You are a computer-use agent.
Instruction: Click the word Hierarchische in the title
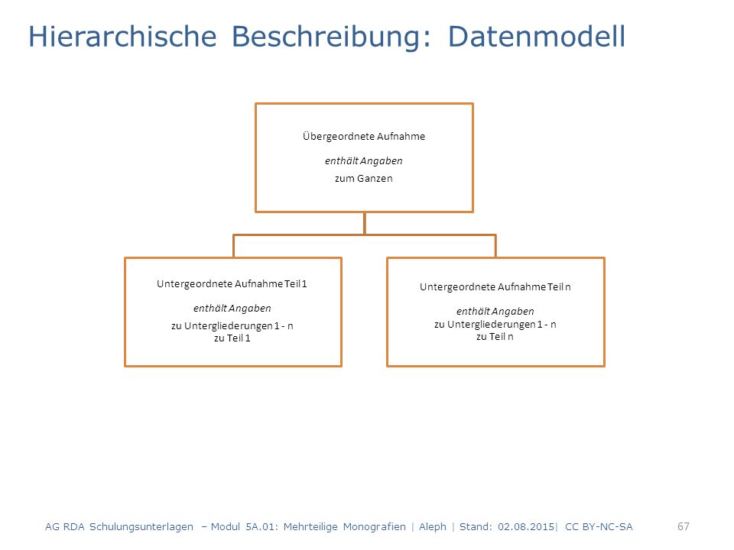click(x=122, y=37)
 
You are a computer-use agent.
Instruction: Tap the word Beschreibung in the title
click(x=331, y=37)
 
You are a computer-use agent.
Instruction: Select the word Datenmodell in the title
click(x=537, y=37)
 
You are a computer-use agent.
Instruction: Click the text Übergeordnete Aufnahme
click(x=364, y=136)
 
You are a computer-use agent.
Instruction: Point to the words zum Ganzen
click(x=364, y=178)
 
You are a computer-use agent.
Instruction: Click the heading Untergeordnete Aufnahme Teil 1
click(x=232, y=284)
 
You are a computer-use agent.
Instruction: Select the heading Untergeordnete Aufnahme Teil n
click(x=495, y=286)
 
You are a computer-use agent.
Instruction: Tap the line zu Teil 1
click(x=232, y=338)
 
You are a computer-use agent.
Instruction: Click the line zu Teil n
click(x=495, y=337)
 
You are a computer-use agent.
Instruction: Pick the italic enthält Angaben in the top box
click(x=364, y=161)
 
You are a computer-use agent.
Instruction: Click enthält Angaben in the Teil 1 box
click(x=232, y=308)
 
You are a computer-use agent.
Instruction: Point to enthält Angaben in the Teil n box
click(x=495, y=311)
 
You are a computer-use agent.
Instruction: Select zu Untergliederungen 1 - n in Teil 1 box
click(x=232, y=326)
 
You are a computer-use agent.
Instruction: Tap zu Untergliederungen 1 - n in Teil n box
click(x=495, y=325)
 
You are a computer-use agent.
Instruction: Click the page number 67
click(x=684, y=526)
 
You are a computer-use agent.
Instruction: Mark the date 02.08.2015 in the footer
click(x=526, y=526)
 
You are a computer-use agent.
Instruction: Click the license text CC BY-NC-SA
click(x=599, y=526)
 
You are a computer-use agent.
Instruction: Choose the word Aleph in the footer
click(x=433, y=527)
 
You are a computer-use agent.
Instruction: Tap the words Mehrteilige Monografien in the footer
click(x=345, y=527)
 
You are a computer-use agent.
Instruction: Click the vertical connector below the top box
click(x=364, y=224)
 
